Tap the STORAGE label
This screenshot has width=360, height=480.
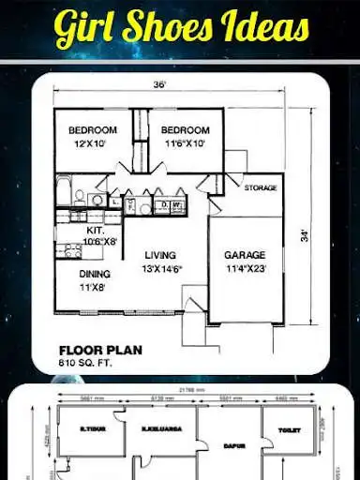click(x=261, y=188)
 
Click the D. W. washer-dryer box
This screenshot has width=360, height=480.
click(x=171, y=203)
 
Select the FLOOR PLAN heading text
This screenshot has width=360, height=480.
click(x=99, y=349)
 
